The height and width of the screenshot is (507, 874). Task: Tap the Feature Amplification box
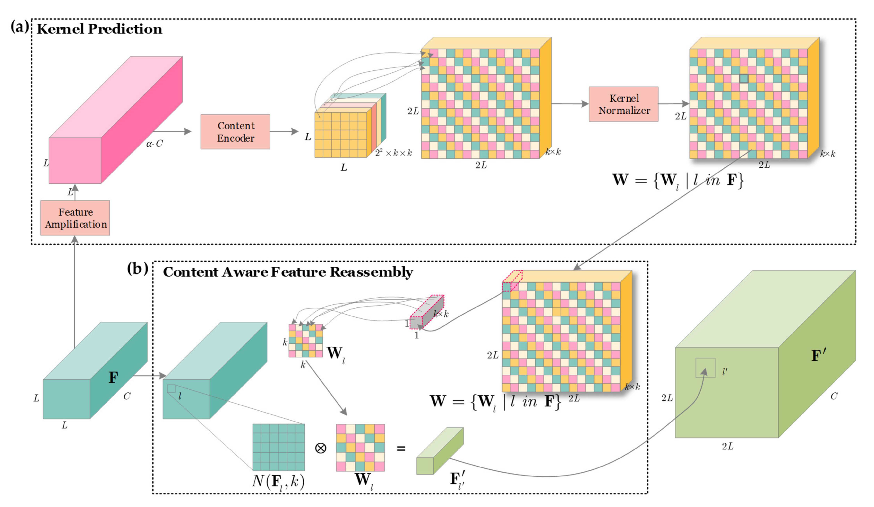click(x=75, y=218)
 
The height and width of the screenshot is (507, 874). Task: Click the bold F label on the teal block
click(x=113, y=378)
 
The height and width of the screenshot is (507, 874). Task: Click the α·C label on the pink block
click(x=154, y=144)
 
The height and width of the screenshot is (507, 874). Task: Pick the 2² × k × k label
click(x=393, y=153)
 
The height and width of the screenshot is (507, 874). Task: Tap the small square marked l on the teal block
click(x=171, y=389)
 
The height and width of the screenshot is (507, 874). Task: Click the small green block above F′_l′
click(x=439, y=451)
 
